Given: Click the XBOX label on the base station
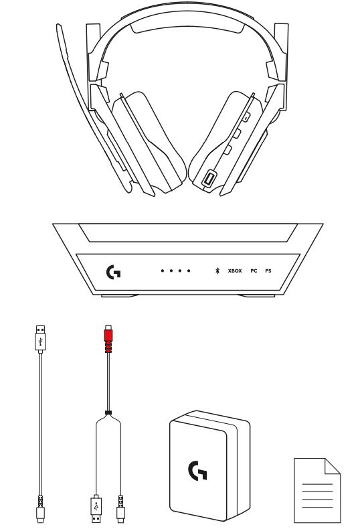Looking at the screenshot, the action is [235, 271].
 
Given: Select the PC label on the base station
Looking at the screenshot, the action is [254, 271].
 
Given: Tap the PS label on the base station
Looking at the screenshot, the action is [268, 271].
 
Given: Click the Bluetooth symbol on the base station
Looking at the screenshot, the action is [217, 271].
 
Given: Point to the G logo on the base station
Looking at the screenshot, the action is [114, 272].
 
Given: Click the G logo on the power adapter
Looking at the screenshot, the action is [197, 471].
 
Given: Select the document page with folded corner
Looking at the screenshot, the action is [317, 490].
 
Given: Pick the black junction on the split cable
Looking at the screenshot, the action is [108, 412].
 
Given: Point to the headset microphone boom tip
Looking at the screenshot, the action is [59, 27].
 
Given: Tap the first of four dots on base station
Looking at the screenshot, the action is [163, 271].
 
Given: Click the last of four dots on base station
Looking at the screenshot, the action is [189, 271].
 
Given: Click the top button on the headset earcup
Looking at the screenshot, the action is [246, 117].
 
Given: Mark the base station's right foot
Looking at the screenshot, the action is [257, 296].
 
